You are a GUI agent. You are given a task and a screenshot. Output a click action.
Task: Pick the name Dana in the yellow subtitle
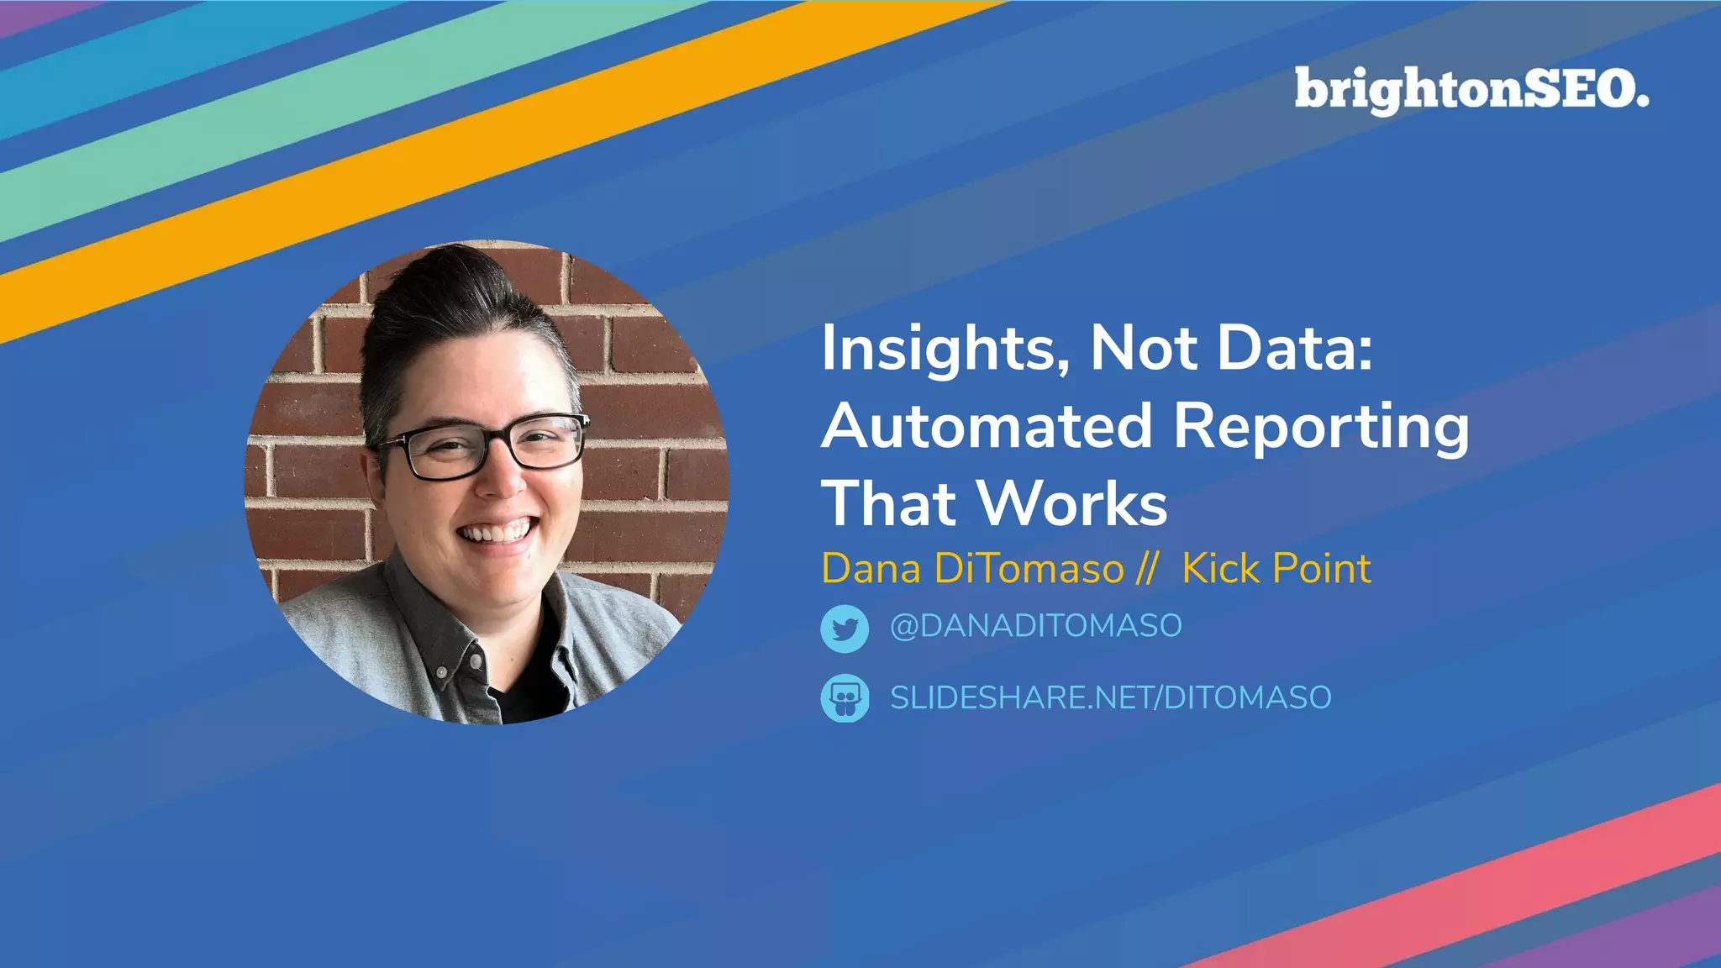[x=871, y=569]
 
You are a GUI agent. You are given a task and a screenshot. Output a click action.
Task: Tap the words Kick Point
[x=1276, y=569]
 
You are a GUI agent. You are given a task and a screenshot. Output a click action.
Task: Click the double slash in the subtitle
[x=1146, y=569]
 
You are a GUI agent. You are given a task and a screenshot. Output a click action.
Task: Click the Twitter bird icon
[x=845, y=629]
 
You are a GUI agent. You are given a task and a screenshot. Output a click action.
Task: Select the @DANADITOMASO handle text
[x=1035, y=626]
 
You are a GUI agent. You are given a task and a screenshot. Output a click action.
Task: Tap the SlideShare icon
[x=845, y=698]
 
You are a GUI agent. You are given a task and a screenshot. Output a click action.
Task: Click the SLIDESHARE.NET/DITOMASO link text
[x=1110, y=698]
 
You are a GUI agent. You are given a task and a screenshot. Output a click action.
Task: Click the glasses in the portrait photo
[x=483, y=445]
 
